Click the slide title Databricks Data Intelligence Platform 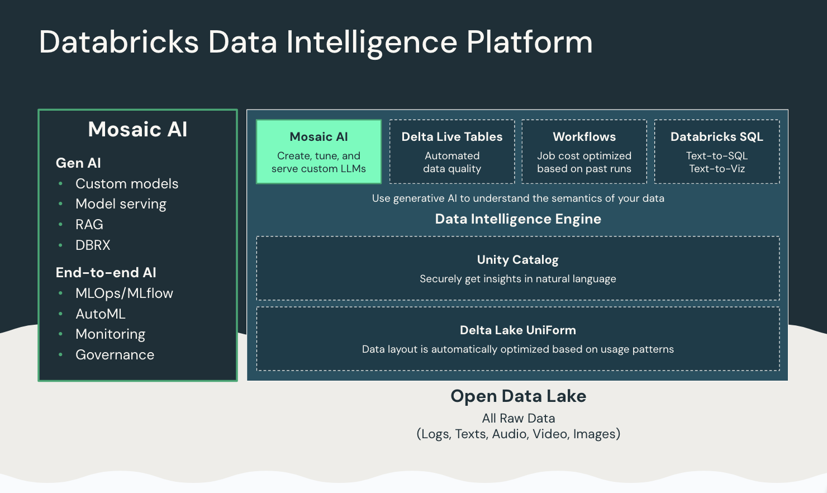click(316, 42)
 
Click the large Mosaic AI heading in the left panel click(137, 130)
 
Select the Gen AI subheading click(78, 163)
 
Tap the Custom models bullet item click(127, 184)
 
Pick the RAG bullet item click(89, 225)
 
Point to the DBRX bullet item click(93, 245)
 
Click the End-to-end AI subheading click(106, 273)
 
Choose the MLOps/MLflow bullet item click(124, 293)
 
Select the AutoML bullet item click(101, 314)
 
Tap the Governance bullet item click(115, 355)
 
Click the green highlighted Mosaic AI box click(319, 151)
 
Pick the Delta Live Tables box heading click(452, 137)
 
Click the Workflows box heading click(584, 137)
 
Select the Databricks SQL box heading click(716, 137)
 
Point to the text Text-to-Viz click(717, 169)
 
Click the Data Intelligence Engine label click(518, 219)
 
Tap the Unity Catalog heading click(517, 260)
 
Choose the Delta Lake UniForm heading click(517, 330)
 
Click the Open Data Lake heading click(518, 396)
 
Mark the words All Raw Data click(519, 418)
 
